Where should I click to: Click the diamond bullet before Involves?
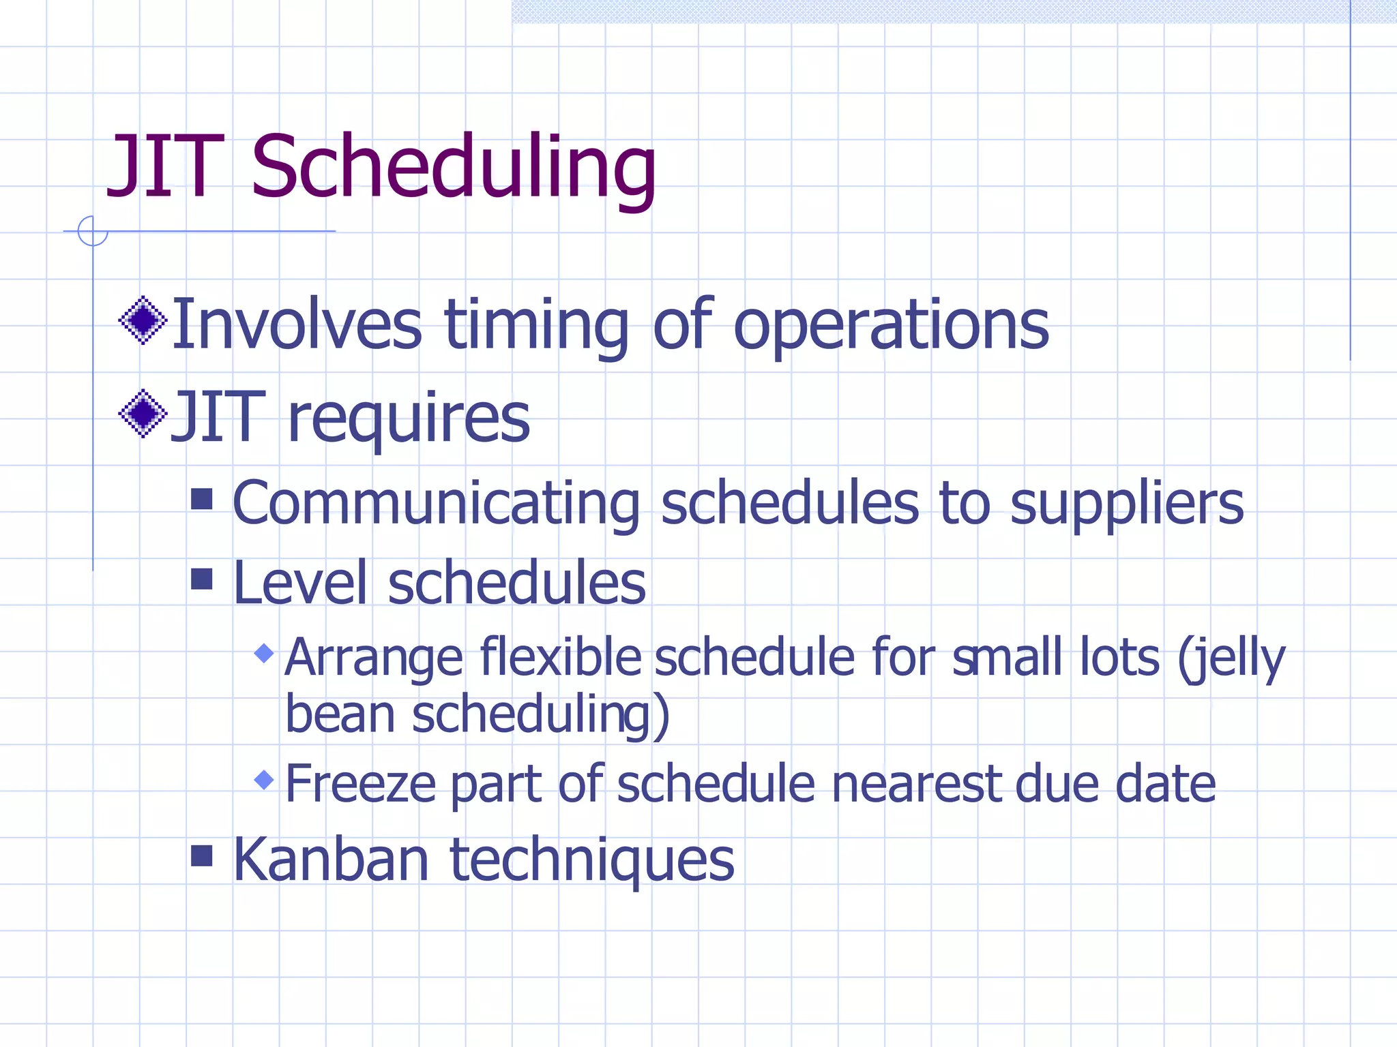pos(143,320)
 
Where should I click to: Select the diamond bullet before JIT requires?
pos(143,413)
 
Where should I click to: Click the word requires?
pos(409,419)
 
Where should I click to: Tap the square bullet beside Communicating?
pos(202,499)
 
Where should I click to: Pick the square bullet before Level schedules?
pos(202,579)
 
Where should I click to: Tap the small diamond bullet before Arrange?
pos(264,654)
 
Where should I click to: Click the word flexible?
pos(560,657)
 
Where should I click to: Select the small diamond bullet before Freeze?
pos(264,779)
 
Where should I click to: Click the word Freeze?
pos(359,784)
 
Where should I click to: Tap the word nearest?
pos(917,784)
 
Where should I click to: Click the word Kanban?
pos(331,860)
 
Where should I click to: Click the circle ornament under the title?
pos(93,231)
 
